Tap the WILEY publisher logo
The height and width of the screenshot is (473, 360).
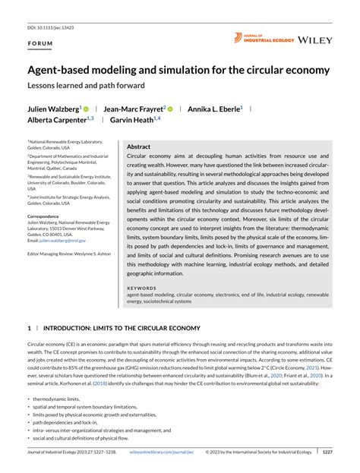click(315, 39)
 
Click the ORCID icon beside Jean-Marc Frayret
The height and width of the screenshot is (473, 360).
click(172, 109)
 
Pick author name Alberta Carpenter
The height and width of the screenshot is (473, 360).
click(58, 120)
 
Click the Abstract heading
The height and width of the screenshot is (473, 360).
click(138, 147)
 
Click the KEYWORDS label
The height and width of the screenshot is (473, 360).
click(142, 289)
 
